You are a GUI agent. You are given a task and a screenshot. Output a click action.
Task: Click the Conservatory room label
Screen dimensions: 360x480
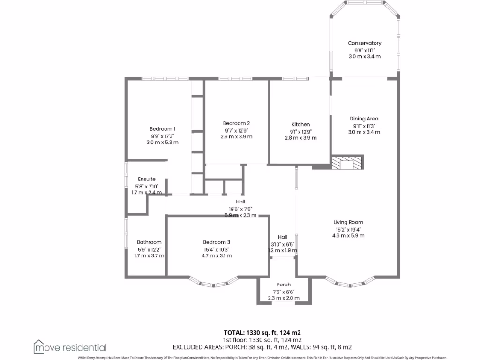(x=364, y=43)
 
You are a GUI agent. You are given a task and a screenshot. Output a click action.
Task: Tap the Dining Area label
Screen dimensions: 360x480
(x=364, y=119)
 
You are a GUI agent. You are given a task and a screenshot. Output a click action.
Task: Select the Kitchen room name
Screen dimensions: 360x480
(x=300, y=124)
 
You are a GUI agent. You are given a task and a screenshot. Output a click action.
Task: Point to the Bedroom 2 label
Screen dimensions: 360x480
(x=236, y=123)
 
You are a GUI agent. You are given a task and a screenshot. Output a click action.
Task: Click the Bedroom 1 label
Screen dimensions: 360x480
(x=162, y=129)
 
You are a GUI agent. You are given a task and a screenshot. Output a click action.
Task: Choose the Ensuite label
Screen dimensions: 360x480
(x=146, y=179)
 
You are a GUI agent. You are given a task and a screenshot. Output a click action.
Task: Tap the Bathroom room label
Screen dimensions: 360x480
(x=149, y=242)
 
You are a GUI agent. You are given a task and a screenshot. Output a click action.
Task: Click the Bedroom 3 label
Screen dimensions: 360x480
(x=216, y=242)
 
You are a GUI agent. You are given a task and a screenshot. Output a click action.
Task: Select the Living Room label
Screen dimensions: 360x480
(x=348, y=222)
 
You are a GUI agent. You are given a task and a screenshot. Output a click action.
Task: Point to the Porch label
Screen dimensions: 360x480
(x=284, y=285)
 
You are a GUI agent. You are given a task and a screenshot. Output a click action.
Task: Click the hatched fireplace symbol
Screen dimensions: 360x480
(x=347, y=162)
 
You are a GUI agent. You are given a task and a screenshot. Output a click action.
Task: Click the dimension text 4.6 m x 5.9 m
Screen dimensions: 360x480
(x=348, y=235)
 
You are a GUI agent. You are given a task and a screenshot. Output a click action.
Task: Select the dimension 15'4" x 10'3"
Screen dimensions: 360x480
(x=216, y=249)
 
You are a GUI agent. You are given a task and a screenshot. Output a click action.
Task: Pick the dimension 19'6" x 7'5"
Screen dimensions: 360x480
(x=240, y=209)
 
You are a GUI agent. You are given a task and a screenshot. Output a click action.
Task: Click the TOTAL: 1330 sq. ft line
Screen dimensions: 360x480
(x=262, y=332)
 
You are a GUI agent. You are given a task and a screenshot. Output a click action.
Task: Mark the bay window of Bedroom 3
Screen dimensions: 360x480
(x=214, y=282)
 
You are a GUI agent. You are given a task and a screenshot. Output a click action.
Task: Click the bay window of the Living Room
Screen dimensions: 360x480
(x=349, y=282)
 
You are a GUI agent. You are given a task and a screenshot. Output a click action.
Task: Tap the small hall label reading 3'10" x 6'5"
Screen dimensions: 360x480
(x=283, y=244)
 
